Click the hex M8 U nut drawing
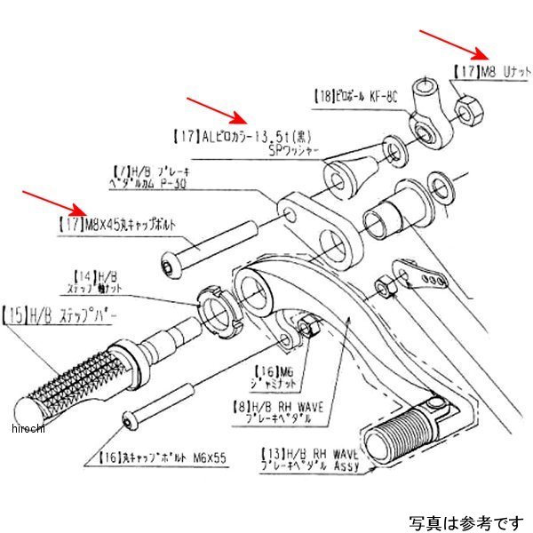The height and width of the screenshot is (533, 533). click(x=466, y=109)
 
